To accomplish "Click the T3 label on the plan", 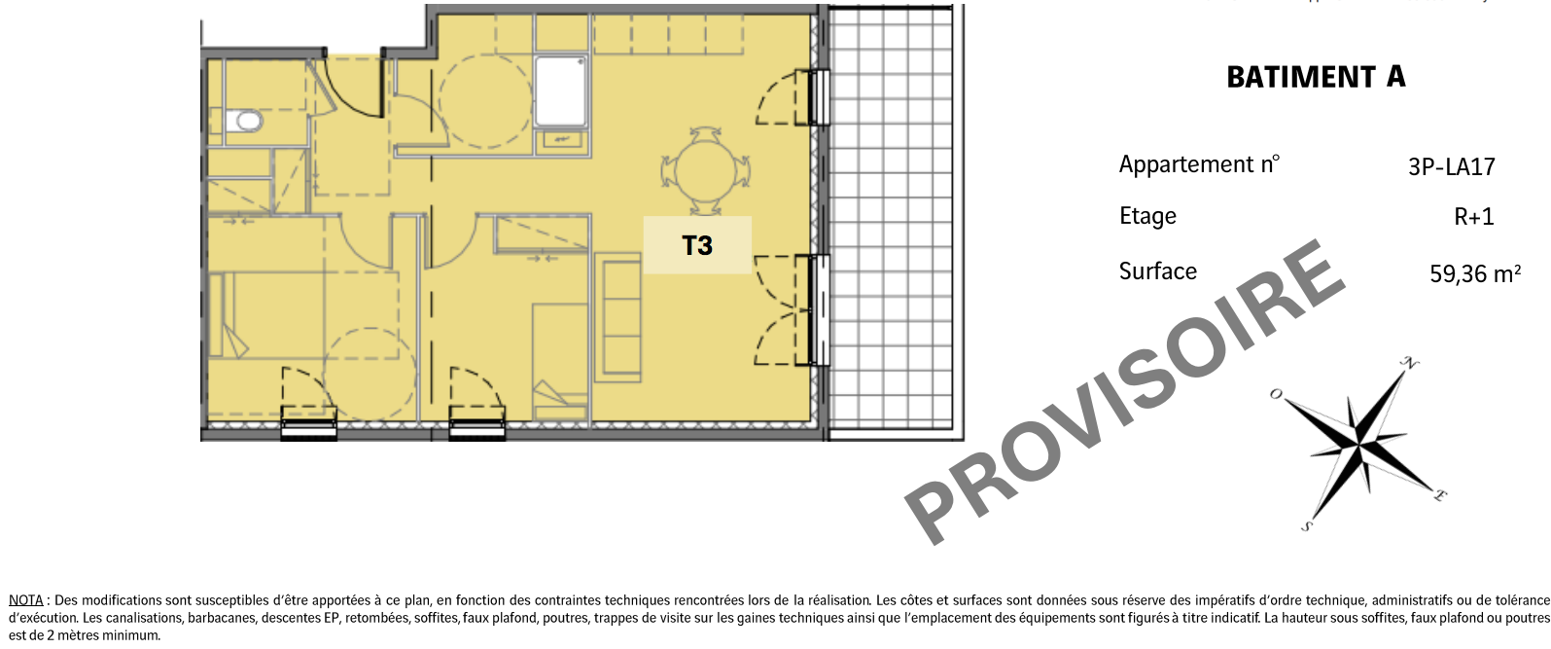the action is pyautogui.click(x=697, y=246).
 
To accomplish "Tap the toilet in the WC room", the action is pyautogui.click(x=244, y=122).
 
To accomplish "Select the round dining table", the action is pyautogui.click(x=706, y=171).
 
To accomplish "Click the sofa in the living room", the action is pyautogui.click(x=617, y=318).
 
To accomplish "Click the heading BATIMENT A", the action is pyautogui.click(x=1316, y=77).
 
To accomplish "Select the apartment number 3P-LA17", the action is pyautogui.click(x=1451, y=167).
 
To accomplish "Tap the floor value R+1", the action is pyautogui.click(x=1473, y=217).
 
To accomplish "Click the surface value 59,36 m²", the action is pyautogui.click(x=1475, y=273).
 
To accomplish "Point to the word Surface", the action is pyautogui.click(x=1158, y=270).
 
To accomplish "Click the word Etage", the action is pyautogui.click(x=1147, y=216).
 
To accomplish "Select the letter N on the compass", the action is pyautogui.click(x=1410, y=363).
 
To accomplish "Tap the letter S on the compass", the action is pyautogui.click(x=1307, y=526).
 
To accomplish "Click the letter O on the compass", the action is pyautogui.click(x=1276, y=394).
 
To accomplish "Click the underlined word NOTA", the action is pyautogui.click(x=25, y=599).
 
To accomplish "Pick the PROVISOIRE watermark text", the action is pyautogui.click(x=1124, y=392).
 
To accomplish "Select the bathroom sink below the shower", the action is pyautogui.click(x=561, y=141).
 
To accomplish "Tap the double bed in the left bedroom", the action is pyautogui.click(x=303, y=315).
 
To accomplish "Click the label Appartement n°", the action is pyautogui.click(x=1199, y=164).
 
